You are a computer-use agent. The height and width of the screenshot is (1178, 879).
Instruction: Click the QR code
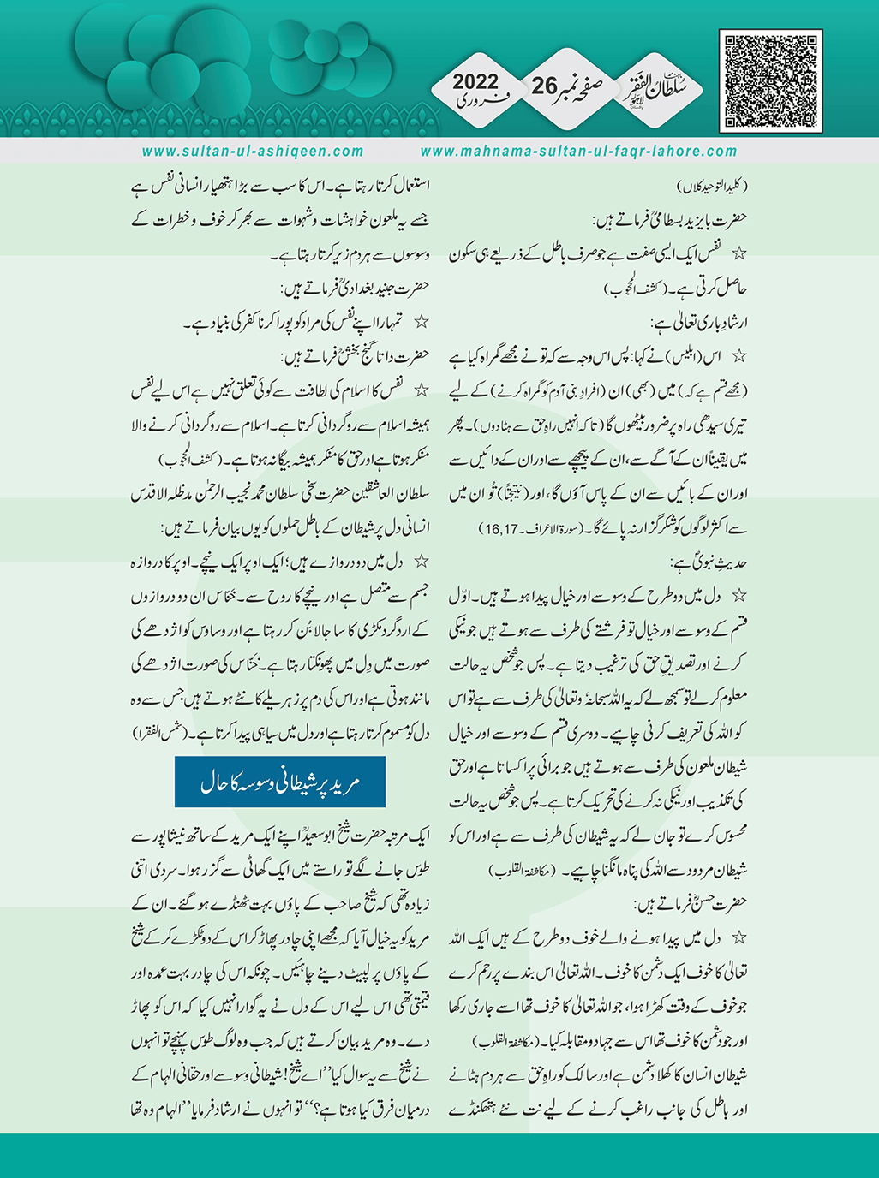[x=773, y=81]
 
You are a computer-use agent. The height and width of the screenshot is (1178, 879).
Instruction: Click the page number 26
[x=543, y=86]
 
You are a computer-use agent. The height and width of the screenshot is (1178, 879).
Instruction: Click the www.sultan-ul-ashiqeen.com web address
[x=253, y=152]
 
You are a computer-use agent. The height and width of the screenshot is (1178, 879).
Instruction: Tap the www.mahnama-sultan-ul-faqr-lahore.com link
[x=579, y=152]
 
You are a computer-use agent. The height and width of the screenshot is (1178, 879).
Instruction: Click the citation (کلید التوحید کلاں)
[x=710, y=185]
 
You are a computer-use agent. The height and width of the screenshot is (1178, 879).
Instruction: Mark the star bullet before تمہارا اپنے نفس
[x=420, y=323]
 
